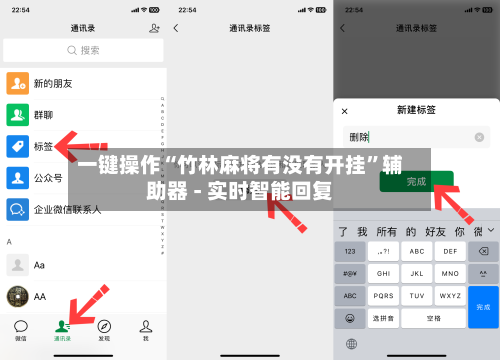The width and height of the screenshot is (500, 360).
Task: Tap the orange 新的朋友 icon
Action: pyautogui.click(x=17, y=83)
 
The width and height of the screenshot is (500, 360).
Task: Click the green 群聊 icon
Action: pyautogui.click(x=17, y=115)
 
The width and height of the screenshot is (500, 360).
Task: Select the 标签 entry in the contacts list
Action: pyautogui.click(x=44, y=147)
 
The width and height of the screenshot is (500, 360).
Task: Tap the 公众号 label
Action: pyautogui.click(x=48, y=179)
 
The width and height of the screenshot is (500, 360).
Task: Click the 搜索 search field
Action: pyautogui.click(x=83, y=50)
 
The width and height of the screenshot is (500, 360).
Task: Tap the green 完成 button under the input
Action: pyautogui.click(x=416, y=181)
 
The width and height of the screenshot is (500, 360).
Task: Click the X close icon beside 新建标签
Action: pyautogui.click(x=345, y=110)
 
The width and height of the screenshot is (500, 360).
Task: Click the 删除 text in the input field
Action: pyautogui.click(x=359, y=137)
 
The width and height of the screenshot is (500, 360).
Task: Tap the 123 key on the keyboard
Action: pyautogui.click(x=350, y=251)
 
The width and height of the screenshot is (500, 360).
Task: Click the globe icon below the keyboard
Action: pyautogui.click(x=351, y=344)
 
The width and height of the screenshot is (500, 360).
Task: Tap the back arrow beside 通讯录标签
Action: pyautogui.click(x=178, y=29)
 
